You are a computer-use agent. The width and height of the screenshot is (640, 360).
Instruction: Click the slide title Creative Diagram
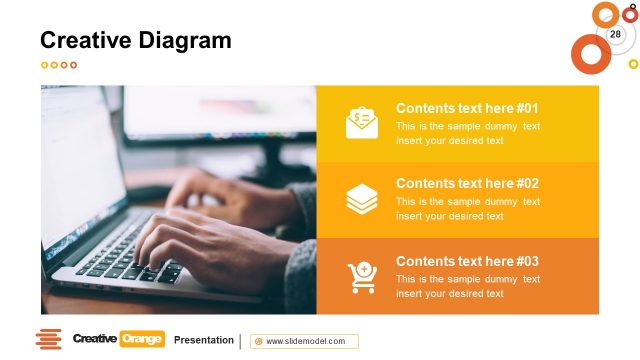[135, 41]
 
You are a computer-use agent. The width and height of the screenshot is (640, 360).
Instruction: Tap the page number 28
[615, 35]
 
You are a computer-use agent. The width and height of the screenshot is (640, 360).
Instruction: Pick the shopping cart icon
[361, 276]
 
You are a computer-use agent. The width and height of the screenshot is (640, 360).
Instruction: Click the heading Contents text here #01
[467, 108]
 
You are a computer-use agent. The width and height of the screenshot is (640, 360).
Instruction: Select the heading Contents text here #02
[467, 184]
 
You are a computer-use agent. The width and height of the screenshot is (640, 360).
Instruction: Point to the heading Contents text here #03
[467, 261]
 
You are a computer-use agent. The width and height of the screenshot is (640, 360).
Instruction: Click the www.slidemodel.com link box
[304, 341]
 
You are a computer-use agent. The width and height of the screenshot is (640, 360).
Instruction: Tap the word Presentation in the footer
[204, 340]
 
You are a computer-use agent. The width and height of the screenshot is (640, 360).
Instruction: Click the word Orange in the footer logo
[141, 339]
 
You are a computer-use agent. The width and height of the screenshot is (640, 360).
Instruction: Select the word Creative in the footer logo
[95, 339]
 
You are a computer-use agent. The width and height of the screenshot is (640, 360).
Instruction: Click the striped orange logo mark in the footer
[49, 339]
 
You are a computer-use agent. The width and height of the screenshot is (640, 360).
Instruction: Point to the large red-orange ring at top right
[590, 53]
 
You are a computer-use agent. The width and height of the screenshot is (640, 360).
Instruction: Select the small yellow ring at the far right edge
[633, 64]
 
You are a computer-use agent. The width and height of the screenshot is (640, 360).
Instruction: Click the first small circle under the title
[44, 65]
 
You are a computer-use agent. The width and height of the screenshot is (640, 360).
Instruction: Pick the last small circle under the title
[73, 65]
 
